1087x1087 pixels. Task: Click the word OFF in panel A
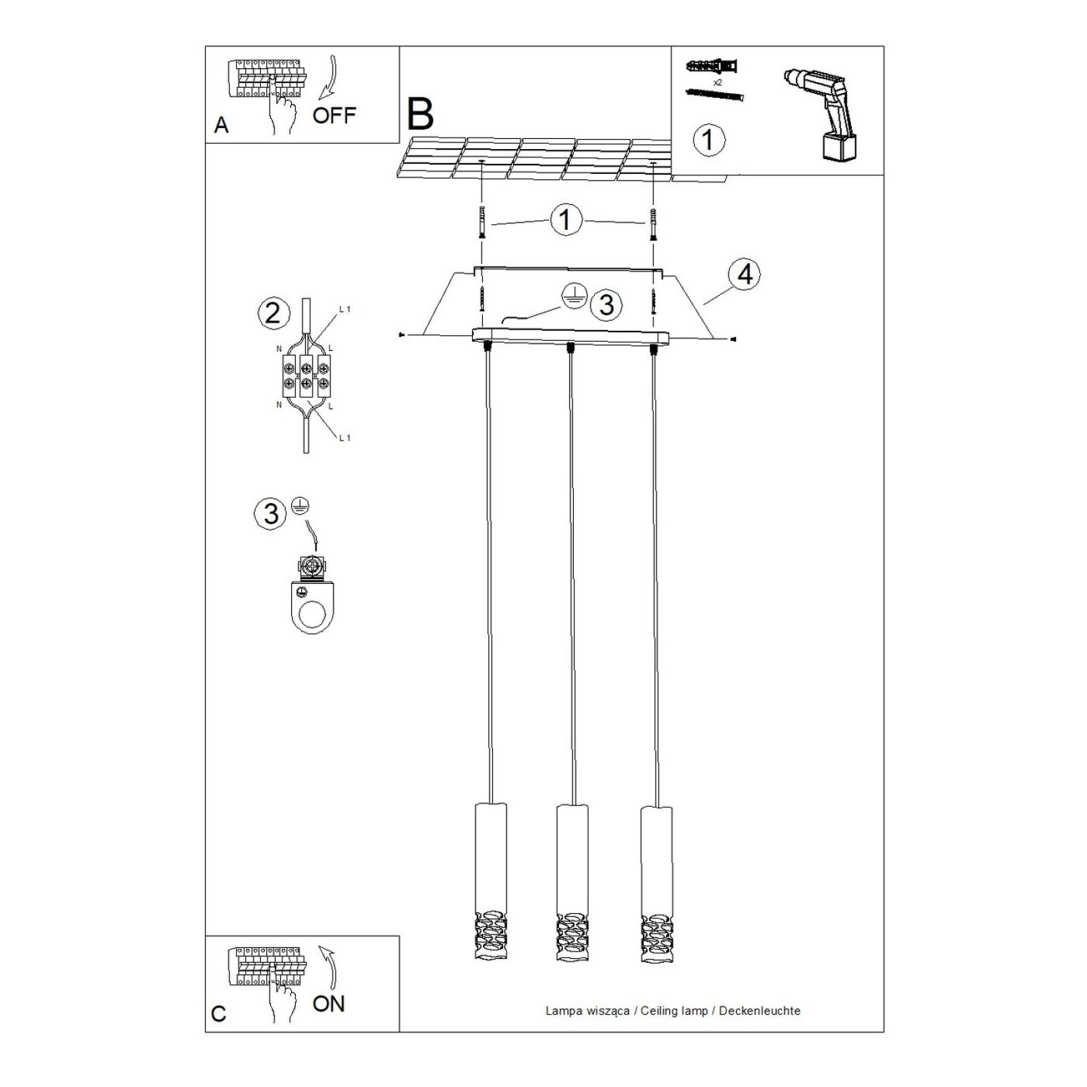click(335, 115)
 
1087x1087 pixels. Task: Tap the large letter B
click(420, 113)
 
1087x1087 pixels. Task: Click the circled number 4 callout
click(745, 276)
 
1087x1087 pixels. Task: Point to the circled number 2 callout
click(273, 313)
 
